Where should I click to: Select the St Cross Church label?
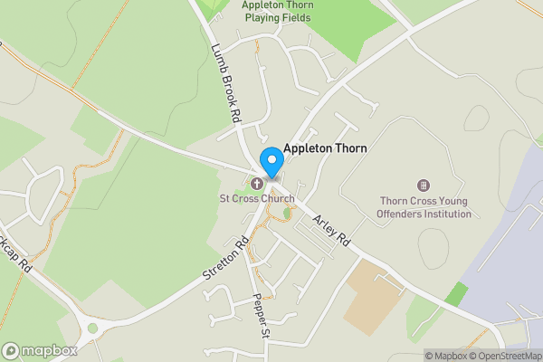257,198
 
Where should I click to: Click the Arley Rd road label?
331,232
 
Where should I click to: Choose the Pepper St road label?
262,315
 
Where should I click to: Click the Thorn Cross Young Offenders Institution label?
424,207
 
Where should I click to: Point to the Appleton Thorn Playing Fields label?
280,11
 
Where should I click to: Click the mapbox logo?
39,350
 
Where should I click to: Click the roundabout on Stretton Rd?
91,329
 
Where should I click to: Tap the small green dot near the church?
288,214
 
